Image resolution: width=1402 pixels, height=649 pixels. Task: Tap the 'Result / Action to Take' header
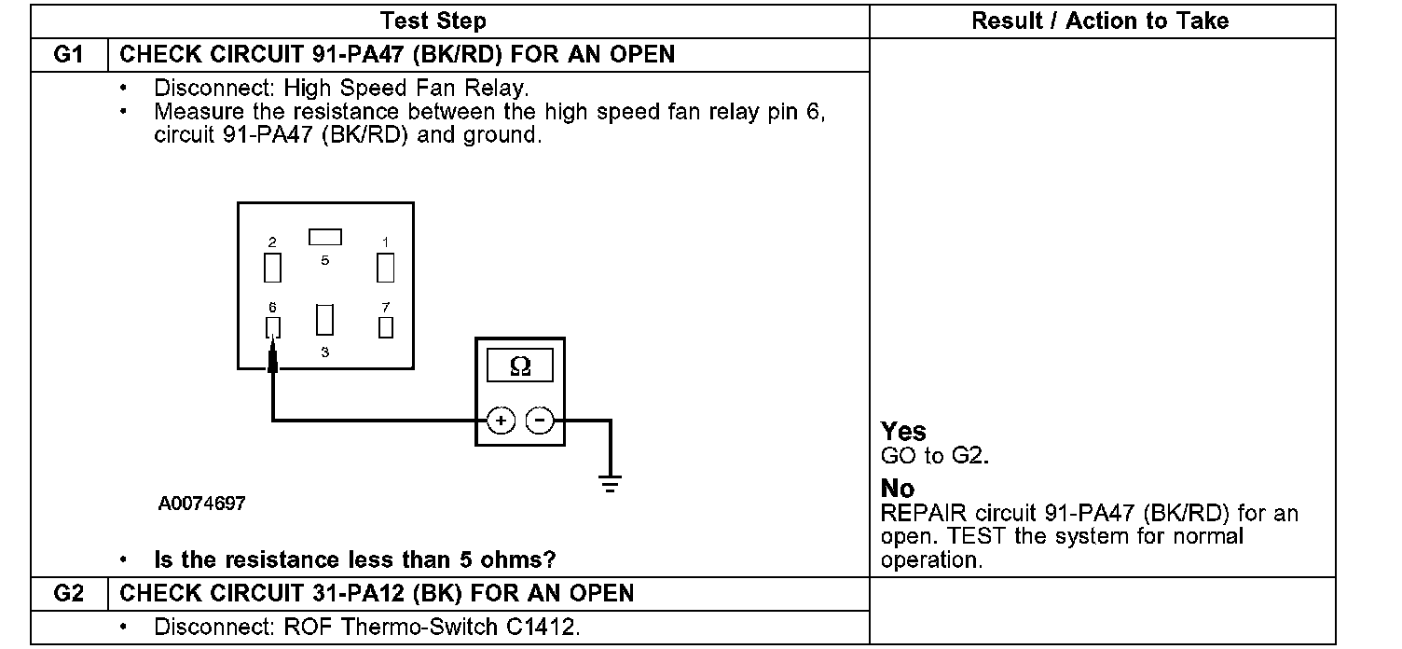click(1100, 21)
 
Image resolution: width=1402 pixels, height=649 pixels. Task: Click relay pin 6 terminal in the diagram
click(273, 326)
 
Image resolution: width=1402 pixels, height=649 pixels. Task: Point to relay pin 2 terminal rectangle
click(272, 268)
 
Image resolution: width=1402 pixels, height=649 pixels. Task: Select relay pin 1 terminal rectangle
click(385, 268)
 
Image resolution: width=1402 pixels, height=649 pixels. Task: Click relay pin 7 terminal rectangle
click(385, 327)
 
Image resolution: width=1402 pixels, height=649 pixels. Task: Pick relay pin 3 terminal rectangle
click(324, 319)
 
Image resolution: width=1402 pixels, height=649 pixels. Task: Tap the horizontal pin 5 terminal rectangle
click(325, 237)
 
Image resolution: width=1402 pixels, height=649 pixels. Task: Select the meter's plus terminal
click(501, 421)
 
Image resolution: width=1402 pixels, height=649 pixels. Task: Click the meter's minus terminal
click(539, 421)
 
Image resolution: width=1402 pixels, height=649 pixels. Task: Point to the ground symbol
click(611, 484)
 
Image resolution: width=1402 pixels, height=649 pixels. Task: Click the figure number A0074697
click(202, 504)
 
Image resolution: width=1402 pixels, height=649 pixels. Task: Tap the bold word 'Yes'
click(903, 432)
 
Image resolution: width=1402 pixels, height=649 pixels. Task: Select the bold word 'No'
click(898, 489)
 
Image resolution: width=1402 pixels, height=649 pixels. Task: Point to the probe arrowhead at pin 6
click(273, 357)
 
